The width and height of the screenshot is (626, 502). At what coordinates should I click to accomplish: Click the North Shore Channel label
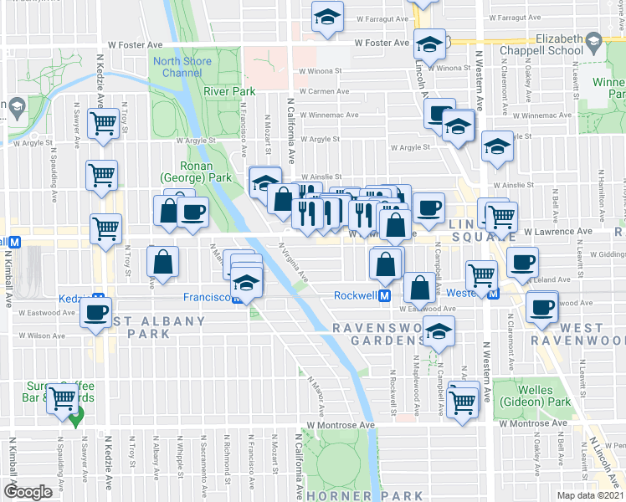pyautogui.click(x=177, y=66)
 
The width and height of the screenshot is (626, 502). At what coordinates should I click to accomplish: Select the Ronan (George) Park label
pyautogui.click(x=197, y=172)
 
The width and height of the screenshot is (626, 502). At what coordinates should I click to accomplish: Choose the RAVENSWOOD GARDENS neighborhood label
pyautogui.click(x=379, y=334)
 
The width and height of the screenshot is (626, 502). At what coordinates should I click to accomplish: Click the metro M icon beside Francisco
pyautogui.click(x=238, y=297)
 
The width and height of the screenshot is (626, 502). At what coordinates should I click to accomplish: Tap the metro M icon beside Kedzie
pyautogui.click(x=98, y=299)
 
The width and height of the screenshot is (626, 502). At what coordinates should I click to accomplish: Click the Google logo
pyautogui.click(x=27, y=492)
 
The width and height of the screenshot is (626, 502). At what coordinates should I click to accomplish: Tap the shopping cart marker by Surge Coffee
pyautogui.click(x=62, y=397)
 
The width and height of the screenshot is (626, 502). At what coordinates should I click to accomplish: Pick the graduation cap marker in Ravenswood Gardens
pyautogui.click(x=439, y=331)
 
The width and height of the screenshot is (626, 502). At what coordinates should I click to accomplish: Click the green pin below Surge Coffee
pyautogui.click(x=75, y=418)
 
